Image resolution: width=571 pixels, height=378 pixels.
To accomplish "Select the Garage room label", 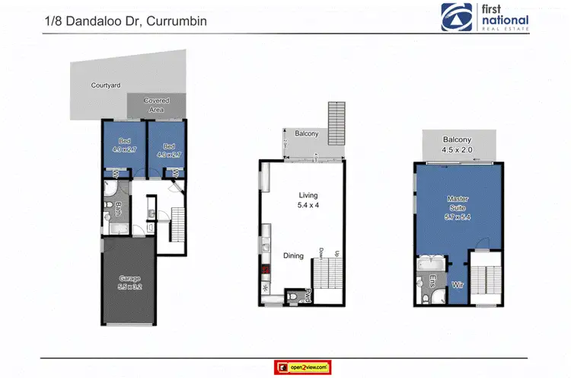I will tap(129, 278).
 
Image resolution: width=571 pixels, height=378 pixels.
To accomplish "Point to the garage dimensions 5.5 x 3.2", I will tap(129, 287).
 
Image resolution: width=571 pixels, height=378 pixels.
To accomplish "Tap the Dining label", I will tap(293, 256).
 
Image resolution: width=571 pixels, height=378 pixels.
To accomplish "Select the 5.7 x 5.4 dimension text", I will tap(458, 217).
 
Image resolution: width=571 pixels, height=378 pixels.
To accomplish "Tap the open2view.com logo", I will tap(301, 367).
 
